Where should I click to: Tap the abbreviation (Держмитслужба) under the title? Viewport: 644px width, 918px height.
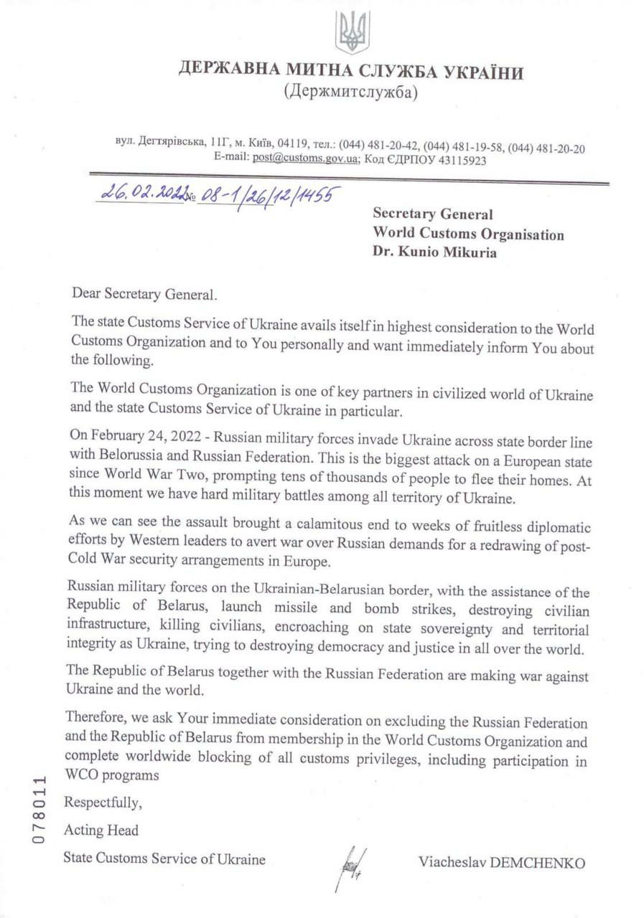(x=350, y=92)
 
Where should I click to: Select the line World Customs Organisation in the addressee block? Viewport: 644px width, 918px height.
(x=468, y=234)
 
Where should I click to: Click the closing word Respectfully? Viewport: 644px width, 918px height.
(x=103, y=803)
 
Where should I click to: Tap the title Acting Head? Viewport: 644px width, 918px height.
(x=101, y=831)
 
